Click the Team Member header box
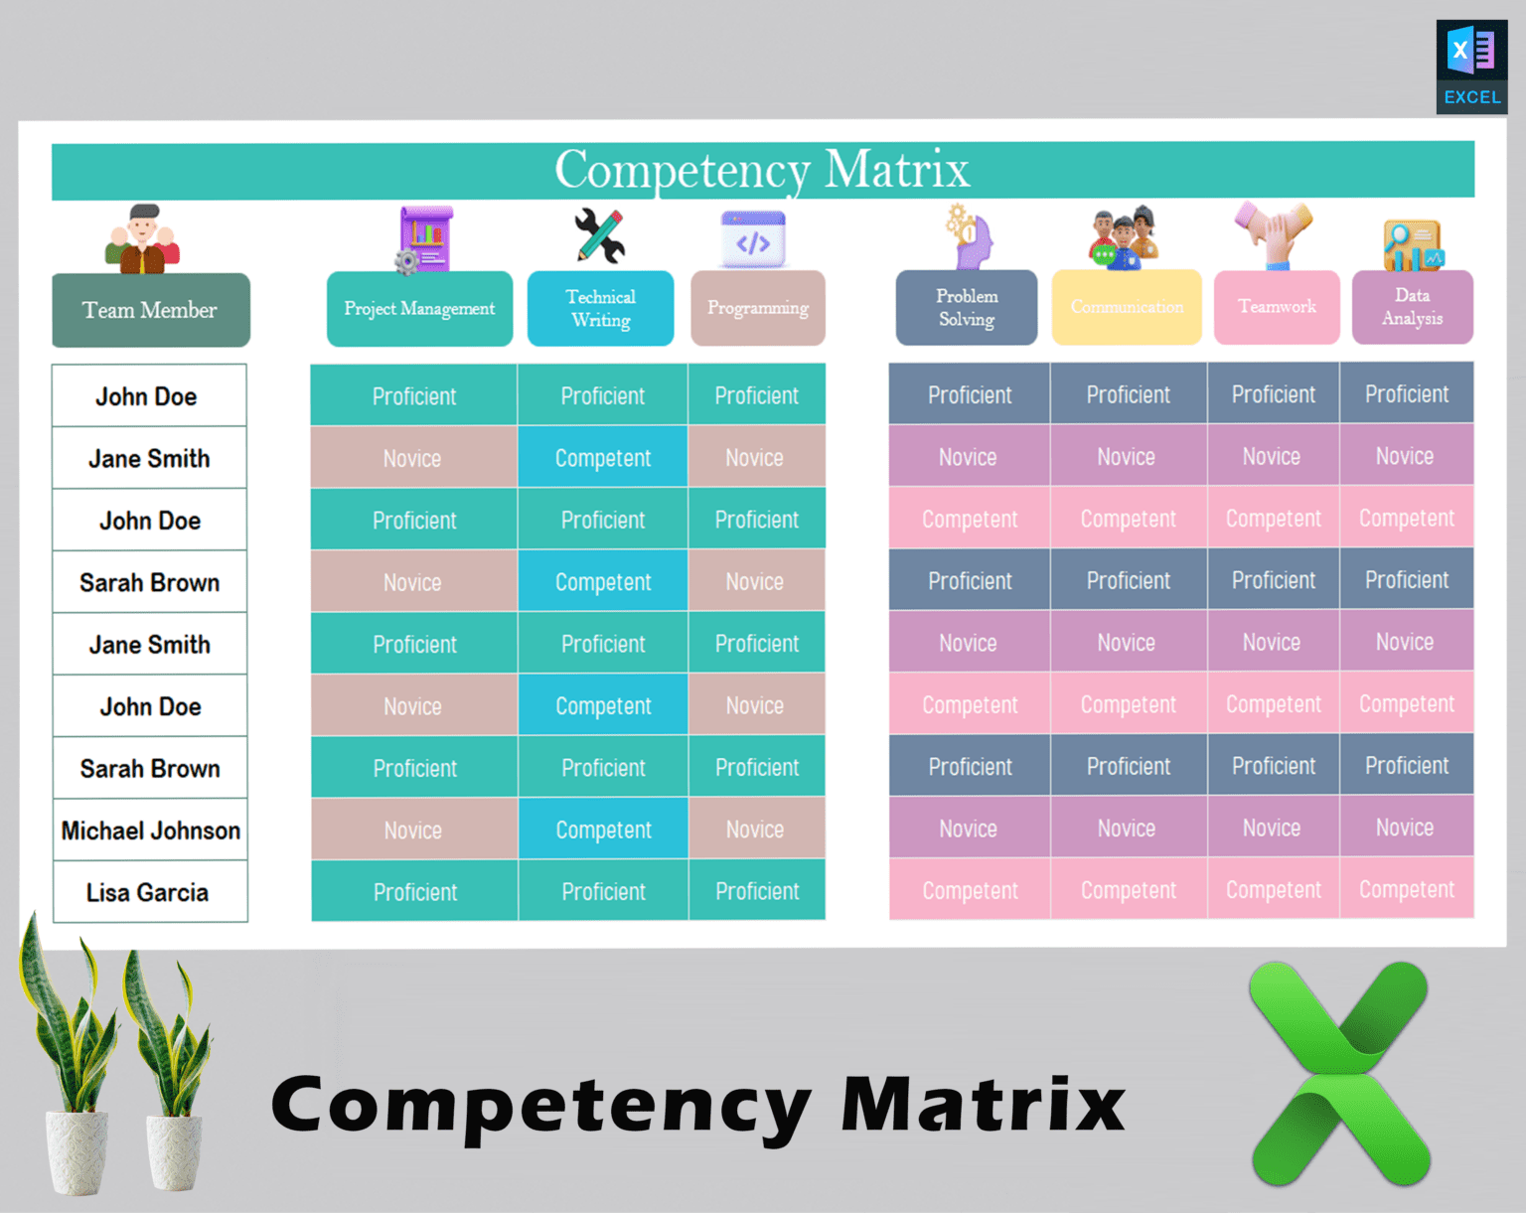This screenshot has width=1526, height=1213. pyautogui.click(x=150, y=310)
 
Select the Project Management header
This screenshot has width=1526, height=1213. pyautogui.click(x=419, y=309)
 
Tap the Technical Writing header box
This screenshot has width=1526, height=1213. pyautogui.click(x=600, y=308)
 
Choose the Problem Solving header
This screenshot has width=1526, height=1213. pyautogui.click(x=966, y=308)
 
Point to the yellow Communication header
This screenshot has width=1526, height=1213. pyautogui.click(x=1127, y=307)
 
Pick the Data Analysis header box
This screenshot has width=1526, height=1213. pyautogui.click(x=1412, y=307)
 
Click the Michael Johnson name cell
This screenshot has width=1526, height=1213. pyautogui.click(x=150, y=831)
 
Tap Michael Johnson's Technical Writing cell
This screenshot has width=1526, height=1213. pyautogui.click(x=603, y=830)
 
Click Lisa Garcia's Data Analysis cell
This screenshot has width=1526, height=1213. pyautogui.click(x=1406, y=889)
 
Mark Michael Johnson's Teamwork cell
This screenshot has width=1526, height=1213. pyautogui.click(x=1272, y=828)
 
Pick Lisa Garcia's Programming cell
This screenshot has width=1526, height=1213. pyautogui.click(x=756, y=891)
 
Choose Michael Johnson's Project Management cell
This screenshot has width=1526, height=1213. pyautogui.click(x=413, y=830)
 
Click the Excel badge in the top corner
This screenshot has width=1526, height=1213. pyautogui.click(x=1471, y=67)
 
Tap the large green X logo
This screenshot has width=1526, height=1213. pyautogui.click(x=1339, y=1073)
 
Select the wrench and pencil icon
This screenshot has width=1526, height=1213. pyautogui.click(x=600, y=236)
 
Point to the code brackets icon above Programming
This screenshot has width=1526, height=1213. pyautogui.click(x=753, y=241)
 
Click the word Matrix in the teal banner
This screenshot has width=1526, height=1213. pyautogui.click(x=896, y=170)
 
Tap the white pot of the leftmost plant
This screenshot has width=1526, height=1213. pyautogui.click(x=77, y=1152)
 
